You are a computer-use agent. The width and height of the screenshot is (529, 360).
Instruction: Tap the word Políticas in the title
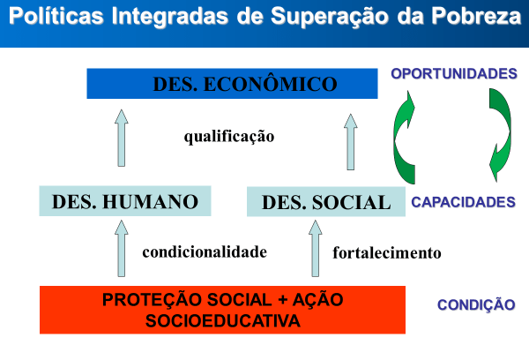pos(56,16)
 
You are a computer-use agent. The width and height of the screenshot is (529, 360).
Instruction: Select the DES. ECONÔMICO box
pos(232,84)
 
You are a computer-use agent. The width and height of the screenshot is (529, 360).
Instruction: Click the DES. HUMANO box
pos(125,201)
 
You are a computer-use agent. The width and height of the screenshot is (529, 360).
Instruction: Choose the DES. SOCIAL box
pos(326,201)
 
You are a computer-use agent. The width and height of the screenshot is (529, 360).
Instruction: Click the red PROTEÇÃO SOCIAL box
pos(223,310)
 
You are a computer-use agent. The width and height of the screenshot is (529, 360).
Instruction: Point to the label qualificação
pos(229,137)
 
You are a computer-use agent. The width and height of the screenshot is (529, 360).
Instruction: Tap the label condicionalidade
pos(205,252)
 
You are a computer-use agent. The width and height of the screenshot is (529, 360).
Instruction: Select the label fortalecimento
pos(387,252)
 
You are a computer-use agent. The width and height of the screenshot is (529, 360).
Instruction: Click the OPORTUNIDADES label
pos(454,73)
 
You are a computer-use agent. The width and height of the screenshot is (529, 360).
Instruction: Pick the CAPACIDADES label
pos(463,202)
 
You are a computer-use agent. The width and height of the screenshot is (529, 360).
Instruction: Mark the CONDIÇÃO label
pos(476,304)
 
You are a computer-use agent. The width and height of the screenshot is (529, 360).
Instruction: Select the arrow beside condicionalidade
pos(122,249)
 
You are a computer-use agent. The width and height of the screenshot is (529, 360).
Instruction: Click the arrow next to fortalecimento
pos(316,249)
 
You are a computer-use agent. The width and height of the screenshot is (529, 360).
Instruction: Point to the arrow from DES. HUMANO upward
pos(122,138)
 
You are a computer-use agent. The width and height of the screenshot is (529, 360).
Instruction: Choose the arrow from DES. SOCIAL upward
pos(351,142)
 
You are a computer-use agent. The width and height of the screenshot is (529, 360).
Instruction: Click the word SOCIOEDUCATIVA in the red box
pos(223,321)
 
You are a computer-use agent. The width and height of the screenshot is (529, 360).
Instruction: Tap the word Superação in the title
pos(330,17)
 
